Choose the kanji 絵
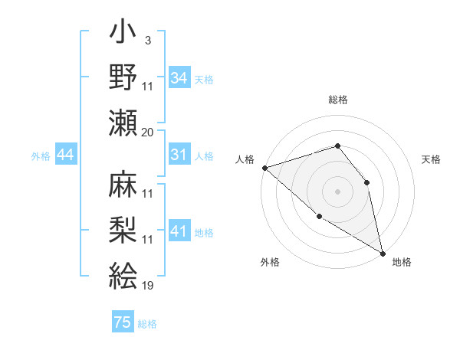pos(123,274)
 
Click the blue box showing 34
pos(179,77)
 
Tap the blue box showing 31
pos(179,155)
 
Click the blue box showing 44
pos(66,155)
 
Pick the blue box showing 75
pos(123,322)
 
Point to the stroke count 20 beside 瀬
pos(147,133)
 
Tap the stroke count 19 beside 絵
pos(147,286)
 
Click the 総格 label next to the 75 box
pos(148,324)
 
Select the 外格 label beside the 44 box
pos(41,156)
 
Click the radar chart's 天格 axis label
pos(431,159)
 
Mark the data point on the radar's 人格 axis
pos(264,167)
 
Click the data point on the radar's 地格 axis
pos(383,253)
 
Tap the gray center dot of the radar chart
pos(337,191)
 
